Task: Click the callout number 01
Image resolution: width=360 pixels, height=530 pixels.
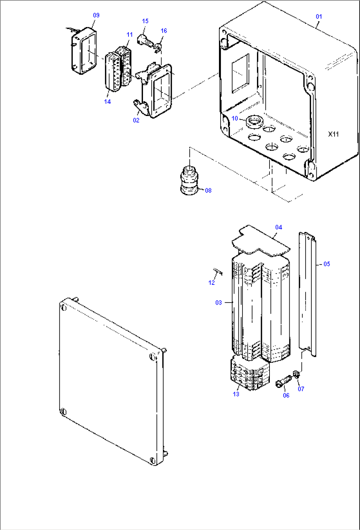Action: (319, 16)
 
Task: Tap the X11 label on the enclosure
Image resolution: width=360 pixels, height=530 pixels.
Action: (333, 134)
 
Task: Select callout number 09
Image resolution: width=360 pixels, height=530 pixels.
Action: (96, 15)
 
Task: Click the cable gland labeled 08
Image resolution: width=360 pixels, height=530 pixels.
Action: (190, 181)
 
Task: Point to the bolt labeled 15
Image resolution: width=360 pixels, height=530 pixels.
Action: (144, 40)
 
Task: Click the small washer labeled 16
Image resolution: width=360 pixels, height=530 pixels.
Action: (159, 49)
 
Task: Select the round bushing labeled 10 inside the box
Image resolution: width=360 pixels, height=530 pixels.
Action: (254, 121)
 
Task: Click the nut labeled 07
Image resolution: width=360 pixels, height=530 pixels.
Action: (296, 374)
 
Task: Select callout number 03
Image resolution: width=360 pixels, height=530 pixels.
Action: (219, 303)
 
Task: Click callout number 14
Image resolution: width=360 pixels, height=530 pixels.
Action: (107, 102)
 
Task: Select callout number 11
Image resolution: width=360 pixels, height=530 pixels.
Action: (129, 35)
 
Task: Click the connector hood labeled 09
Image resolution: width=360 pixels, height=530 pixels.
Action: (84, 50)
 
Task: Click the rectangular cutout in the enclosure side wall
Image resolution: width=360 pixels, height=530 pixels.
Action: (240, 74)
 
